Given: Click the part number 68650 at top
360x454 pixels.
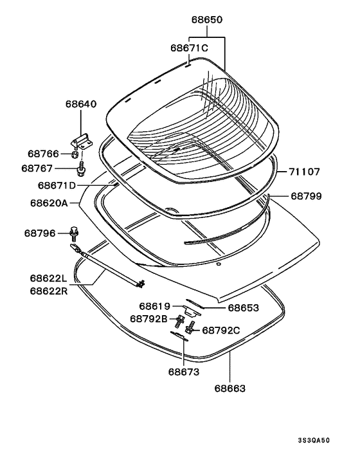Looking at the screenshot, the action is [207, 20].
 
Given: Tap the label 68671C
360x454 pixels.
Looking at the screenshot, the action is [189, 48].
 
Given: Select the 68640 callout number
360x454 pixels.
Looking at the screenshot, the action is [81, 104].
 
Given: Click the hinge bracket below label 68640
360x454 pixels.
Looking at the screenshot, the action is [82, 141].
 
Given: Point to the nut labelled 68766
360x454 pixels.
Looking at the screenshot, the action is [75, 154].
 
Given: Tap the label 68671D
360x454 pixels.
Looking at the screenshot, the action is [57, 185].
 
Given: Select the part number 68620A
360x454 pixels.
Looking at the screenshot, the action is [49, 203].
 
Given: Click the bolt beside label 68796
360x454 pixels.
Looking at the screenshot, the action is [74, 233].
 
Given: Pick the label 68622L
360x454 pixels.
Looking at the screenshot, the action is [48, 278].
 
